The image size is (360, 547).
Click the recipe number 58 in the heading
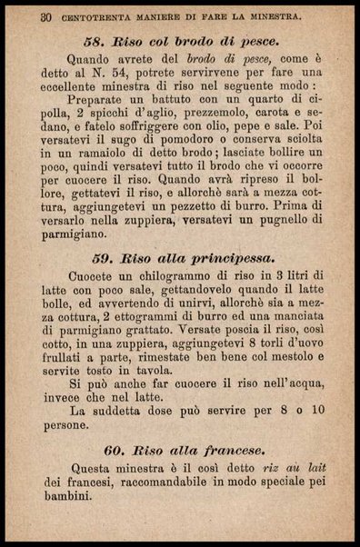[96, 42]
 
